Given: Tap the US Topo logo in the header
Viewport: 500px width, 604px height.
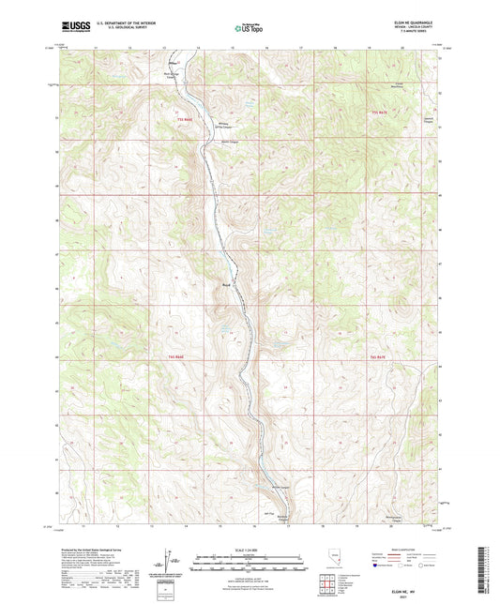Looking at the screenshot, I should coord(249,29).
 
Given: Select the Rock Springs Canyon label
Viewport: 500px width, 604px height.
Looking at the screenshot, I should coord(169,76).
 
